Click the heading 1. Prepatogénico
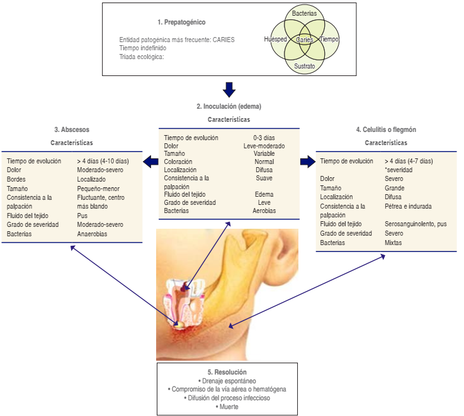[x=181, y=23]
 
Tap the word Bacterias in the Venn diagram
[x=304, y=13]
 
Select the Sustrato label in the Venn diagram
[x=304, y=65]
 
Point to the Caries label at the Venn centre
[x=305, y=40]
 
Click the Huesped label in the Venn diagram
[x=276, y=40]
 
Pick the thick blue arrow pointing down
[x=229, y=89]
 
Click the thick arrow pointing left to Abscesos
[x=150, y=163]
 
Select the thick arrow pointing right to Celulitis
[x=307, y=163]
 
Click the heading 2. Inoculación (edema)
[x=229, y=106]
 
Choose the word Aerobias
[x=264, y=211]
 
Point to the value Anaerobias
[x=92, y=234]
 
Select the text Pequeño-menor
[x=98, y=189]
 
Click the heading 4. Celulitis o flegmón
[x=386, y=130]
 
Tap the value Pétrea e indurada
[x=408, y=206]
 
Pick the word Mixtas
[x=393, y=243]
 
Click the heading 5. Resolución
[x=227, y=372]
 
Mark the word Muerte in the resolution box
[x=227, y=407]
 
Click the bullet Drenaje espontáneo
[x=227, y=381]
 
